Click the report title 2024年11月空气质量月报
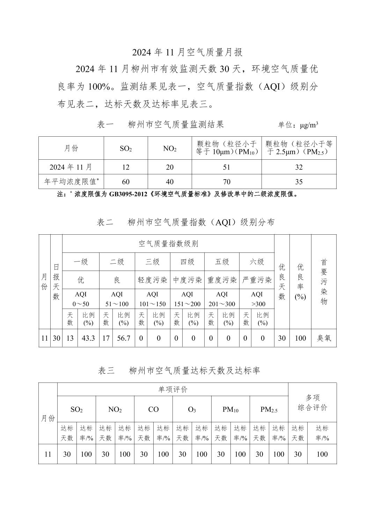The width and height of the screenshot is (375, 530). click(187, 52)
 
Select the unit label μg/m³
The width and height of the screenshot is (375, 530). click(298, 125)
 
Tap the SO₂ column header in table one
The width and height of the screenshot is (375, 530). click(126, 149)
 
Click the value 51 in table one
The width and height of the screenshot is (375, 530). click(226, 167)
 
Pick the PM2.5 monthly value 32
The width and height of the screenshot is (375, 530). click(299, 167)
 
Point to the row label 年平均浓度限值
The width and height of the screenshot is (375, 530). click(71, 182)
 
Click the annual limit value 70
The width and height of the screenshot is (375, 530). click(226, 182)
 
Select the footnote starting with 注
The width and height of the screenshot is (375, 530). click(178, 194)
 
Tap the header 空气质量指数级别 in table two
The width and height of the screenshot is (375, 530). click(168, 243)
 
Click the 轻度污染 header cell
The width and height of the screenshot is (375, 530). click(152, 280)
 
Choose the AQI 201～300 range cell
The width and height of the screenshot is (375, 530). click(222, 299)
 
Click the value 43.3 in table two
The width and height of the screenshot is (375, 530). click(88, 338)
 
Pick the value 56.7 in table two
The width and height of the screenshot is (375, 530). click(124, 338)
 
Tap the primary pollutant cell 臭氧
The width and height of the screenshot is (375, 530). click(324, 338)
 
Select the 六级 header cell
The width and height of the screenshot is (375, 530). click(257, 262)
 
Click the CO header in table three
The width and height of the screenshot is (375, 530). click(153, 409)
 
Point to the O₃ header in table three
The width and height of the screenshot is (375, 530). click(192, 409)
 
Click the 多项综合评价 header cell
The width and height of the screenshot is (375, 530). click(312, 402)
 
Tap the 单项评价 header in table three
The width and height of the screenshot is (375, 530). click(173, 389)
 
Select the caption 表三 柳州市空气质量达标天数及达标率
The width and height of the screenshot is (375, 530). click(179, 370)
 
